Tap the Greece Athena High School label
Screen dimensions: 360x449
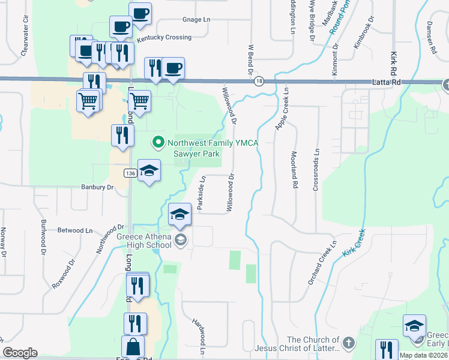click(x=143, y=241)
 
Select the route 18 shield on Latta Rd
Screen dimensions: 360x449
click(x=259, y=82)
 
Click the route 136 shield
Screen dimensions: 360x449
click(x=130, y=173)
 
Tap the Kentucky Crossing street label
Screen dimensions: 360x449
click(x=164, y=37)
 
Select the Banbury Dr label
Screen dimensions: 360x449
click(x=97, y=187)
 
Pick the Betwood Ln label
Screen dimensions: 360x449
click(x=75, y=230)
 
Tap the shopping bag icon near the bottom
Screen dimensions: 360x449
click(x=133, y=347)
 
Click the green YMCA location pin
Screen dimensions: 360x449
click(x=158, y=142)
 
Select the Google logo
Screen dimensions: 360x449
click(x=20, y=353)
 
